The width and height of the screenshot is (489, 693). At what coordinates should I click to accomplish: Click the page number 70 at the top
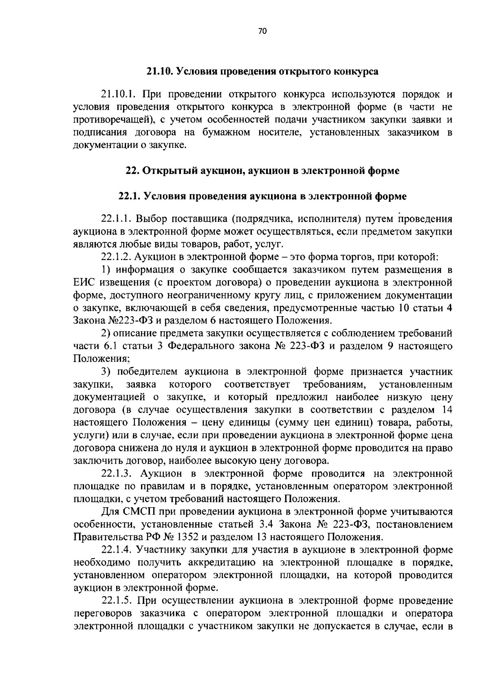(x=262, y=31)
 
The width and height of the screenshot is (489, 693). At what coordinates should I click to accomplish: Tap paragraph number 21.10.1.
(x=118, y=95)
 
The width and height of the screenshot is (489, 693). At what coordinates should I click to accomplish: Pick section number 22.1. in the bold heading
(x=129, y=196)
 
